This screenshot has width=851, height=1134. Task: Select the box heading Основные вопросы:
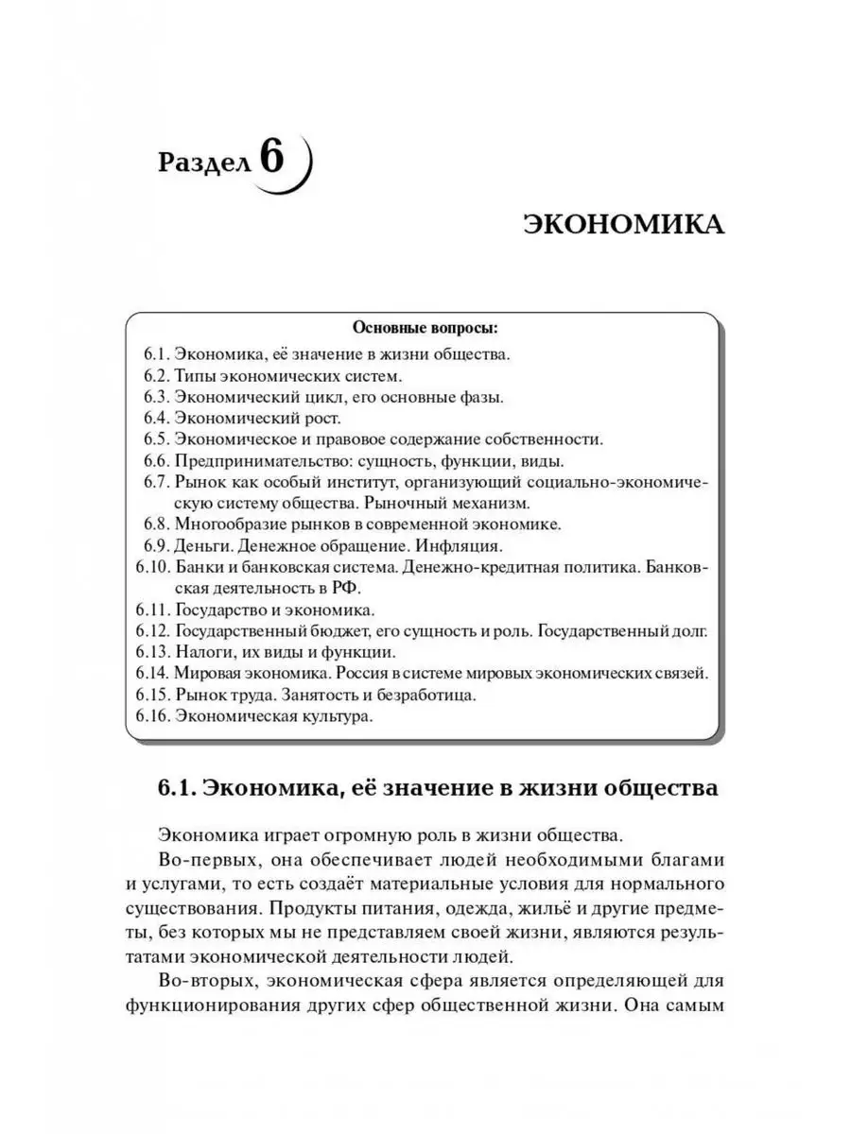click(425, 329)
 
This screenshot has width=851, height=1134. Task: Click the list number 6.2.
click(157, 376)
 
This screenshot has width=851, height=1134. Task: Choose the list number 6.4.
click(157, 418)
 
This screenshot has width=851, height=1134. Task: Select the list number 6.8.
click(157, 524)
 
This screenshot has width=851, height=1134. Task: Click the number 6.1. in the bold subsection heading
click(177, 788)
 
